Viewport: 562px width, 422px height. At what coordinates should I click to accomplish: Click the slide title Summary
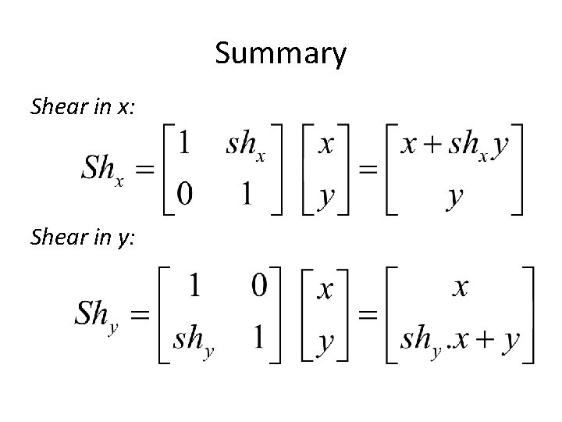click(280, 54)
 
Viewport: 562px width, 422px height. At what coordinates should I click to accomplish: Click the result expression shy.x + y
click(460, 338)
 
